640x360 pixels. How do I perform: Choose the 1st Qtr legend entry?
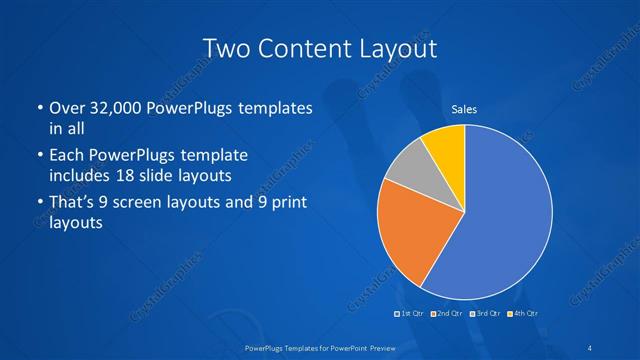tap(409, 314)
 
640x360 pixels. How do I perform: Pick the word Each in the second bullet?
tap(66, 156)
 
